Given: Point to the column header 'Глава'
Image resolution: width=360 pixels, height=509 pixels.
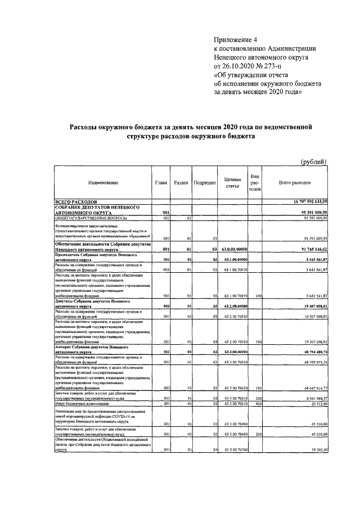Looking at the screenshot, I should [x=161, y=183].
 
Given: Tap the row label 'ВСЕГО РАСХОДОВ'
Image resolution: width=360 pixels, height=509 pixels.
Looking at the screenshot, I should [x=76, y=201].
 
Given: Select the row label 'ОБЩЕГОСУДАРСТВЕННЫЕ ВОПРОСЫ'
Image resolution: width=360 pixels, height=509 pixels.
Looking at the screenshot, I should [x=91, y=218].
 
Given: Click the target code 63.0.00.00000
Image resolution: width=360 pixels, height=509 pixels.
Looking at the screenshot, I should [x=232, y=250].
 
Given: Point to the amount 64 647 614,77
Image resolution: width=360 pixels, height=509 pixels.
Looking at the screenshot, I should [x=311, y=388].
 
